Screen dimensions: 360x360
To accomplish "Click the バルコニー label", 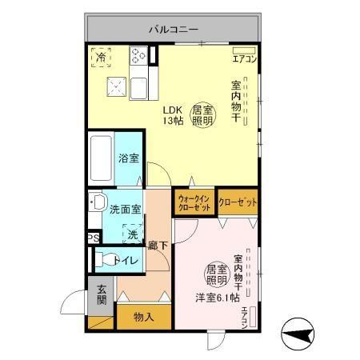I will click(172, 30).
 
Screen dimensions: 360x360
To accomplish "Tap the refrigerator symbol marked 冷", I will click(101, 57).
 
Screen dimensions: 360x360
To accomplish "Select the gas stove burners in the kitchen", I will click(140, 55).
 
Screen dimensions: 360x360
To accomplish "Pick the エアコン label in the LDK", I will click(244, 58).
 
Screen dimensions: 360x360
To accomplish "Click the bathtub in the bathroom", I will click(101, 159).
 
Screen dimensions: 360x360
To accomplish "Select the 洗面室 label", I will click(126, 210).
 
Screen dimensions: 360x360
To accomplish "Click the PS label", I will click(94, 238).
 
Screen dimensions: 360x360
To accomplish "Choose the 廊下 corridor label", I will click(157, 246).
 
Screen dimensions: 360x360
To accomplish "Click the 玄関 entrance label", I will click(102, 295).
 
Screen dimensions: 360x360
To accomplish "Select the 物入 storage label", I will click(143, 317).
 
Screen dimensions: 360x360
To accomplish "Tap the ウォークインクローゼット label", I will click(194, 202).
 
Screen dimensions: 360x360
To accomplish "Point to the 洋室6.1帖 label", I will click(217, 298).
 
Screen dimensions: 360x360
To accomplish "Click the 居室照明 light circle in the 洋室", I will click(217, 274).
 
